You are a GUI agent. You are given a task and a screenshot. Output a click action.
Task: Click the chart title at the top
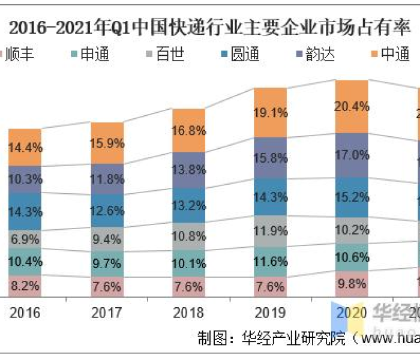(x=210, y=28)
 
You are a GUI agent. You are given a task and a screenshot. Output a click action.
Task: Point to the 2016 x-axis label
(x=25, y=312)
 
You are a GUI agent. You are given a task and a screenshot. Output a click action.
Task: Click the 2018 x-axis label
(x=188, y=312)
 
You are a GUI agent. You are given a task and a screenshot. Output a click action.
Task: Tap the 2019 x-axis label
(x=270, y=312)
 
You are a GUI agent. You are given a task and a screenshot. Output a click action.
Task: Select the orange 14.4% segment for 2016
(x=25, y=147)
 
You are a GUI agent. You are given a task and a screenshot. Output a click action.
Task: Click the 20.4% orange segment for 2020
(x=352, y=106)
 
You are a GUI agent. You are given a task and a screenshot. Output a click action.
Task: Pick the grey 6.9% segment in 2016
(x=25, y=240)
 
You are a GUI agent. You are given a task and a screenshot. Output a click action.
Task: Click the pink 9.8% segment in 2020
(x=352, y=284)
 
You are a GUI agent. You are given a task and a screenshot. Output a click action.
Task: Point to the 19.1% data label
(x=270, y=112)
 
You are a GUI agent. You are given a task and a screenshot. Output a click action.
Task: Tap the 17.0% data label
(x=352, y=155)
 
